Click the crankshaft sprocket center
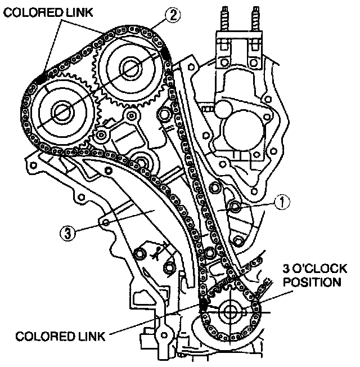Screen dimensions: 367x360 click(x=231, y=312)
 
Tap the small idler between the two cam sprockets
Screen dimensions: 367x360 click(x=101, y=136)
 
